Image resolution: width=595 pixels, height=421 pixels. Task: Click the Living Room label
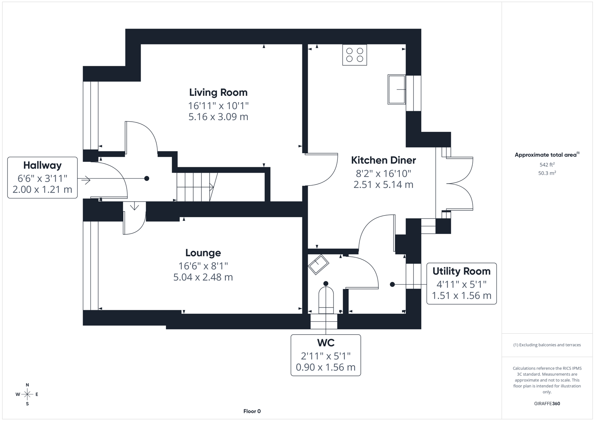[x=218, y=92]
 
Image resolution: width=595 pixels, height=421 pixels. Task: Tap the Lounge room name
[x=203, y=253]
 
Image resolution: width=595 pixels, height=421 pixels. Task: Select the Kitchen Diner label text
[x=383, y=160]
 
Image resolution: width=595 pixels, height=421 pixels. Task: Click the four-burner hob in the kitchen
[x=355, y=55]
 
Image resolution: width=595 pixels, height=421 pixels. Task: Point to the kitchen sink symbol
[x=397, y=89]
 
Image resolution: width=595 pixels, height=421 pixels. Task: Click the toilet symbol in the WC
[x=326, y=299]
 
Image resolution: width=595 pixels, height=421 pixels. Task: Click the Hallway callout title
[x=42, y=165]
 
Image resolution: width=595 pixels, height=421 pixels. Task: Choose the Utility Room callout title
[x=461, y=271]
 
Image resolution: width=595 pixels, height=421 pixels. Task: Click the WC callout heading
[x=326, y=343]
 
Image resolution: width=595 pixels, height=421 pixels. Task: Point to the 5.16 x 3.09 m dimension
[x=218, y=117]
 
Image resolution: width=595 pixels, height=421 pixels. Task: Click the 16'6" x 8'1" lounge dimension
[x=203, y=266]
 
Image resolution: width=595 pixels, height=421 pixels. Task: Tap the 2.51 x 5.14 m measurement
[x=383, y=185]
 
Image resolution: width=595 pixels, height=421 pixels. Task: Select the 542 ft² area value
[x=547, y=165]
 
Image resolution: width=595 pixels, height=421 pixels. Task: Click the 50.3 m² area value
[x=547, y=173]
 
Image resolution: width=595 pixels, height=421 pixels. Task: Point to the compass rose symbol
[x=27, y=394]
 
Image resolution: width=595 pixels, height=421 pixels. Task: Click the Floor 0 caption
[x=252, y=411]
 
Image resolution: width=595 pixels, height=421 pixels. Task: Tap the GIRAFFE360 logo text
[x=547, y=403]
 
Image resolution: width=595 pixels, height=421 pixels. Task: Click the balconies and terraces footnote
[x=547, y=345]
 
